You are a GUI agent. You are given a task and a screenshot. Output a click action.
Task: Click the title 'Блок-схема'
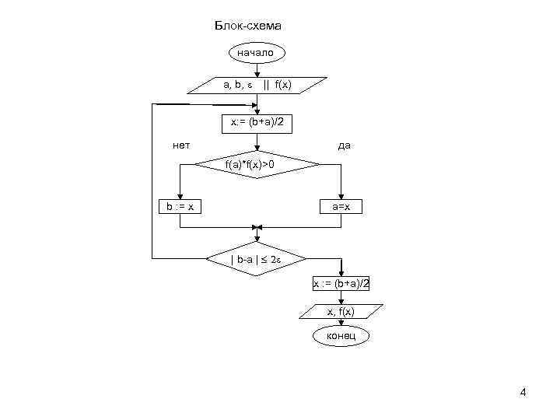(x=248, y=26)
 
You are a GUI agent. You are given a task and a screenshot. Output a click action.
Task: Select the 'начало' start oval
(x=256, y=53)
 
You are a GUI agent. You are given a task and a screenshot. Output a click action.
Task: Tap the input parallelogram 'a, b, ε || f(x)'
(x=257, y=85)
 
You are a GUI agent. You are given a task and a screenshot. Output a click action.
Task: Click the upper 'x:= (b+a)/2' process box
(x=257, y=122)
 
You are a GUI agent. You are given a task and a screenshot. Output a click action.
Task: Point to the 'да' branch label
(x=343, y=145)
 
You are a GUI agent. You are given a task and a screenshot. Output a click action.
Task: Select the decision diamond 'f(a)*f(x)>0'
(x=257, y=165)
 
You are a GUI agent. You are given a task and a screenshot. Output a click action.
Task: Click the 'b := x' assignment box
(x=180, y=206)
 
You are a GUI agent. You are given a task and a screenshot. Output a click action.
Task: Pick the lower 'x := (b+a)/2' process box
(x=341, y=284)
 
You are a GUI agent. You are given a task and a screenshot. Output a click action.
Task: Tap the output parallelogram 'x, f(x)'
(x=341, y=311)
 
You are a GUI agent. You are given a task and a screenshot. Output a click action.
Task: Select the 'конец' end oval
(x=341, y=336)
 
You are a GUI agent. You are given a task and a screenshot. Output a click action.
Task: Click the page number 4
(x=523, y=393)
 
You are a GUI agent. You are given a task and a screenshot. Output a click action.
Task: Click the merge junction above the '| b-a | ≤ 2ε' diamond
(x=257, y=228)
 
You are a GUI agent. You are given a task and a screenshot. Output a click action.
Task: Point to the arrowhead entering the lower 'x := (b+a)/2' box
(x=341, y=273)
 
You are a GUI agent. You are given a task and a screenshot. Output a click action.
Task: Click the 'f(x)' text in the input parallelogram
(x=283, y=85)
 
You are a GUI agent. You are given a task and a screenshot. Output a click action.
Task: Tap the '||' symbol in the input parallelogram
(x=267, y=85)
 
